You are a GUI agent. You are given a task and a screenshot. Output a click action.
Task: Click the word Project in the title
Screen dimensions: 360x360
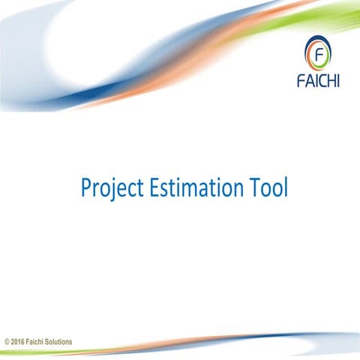pos(107,187)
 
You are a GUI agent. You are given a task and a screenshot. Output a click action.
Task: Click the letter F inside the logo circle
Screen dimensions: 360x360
pos(320,54)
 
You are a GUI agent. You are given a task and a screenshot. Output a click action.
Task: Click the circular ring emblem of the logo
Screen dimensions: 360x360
pos(320,53)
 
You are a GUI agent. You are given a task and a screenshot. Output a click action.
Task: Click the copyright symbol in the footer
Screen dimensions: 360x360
pos(7,342)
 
